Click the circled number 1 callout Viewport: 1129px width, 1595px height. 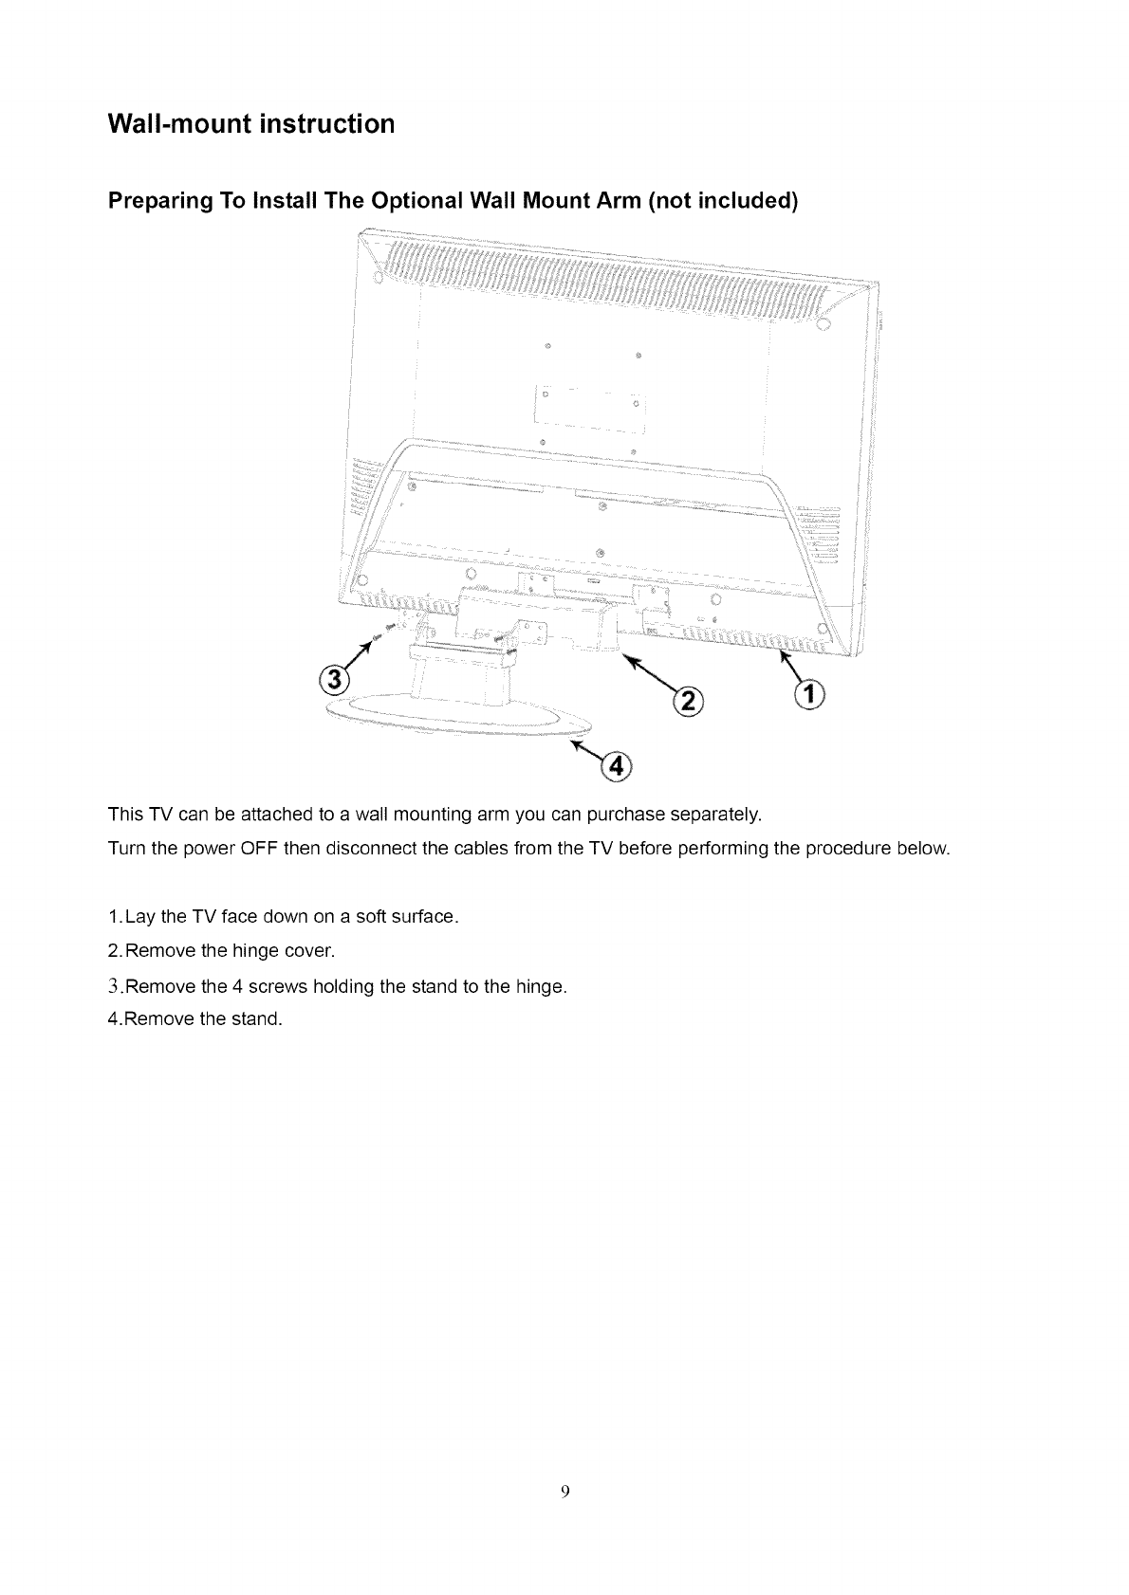pyautogui.click(x=809, y=693)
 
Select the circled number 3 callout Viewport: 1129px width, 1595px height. pyautogui.click(x=335, y=681)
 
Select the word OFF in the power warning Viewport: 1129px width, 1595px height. pyautogui.click(x=258, y=848)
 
